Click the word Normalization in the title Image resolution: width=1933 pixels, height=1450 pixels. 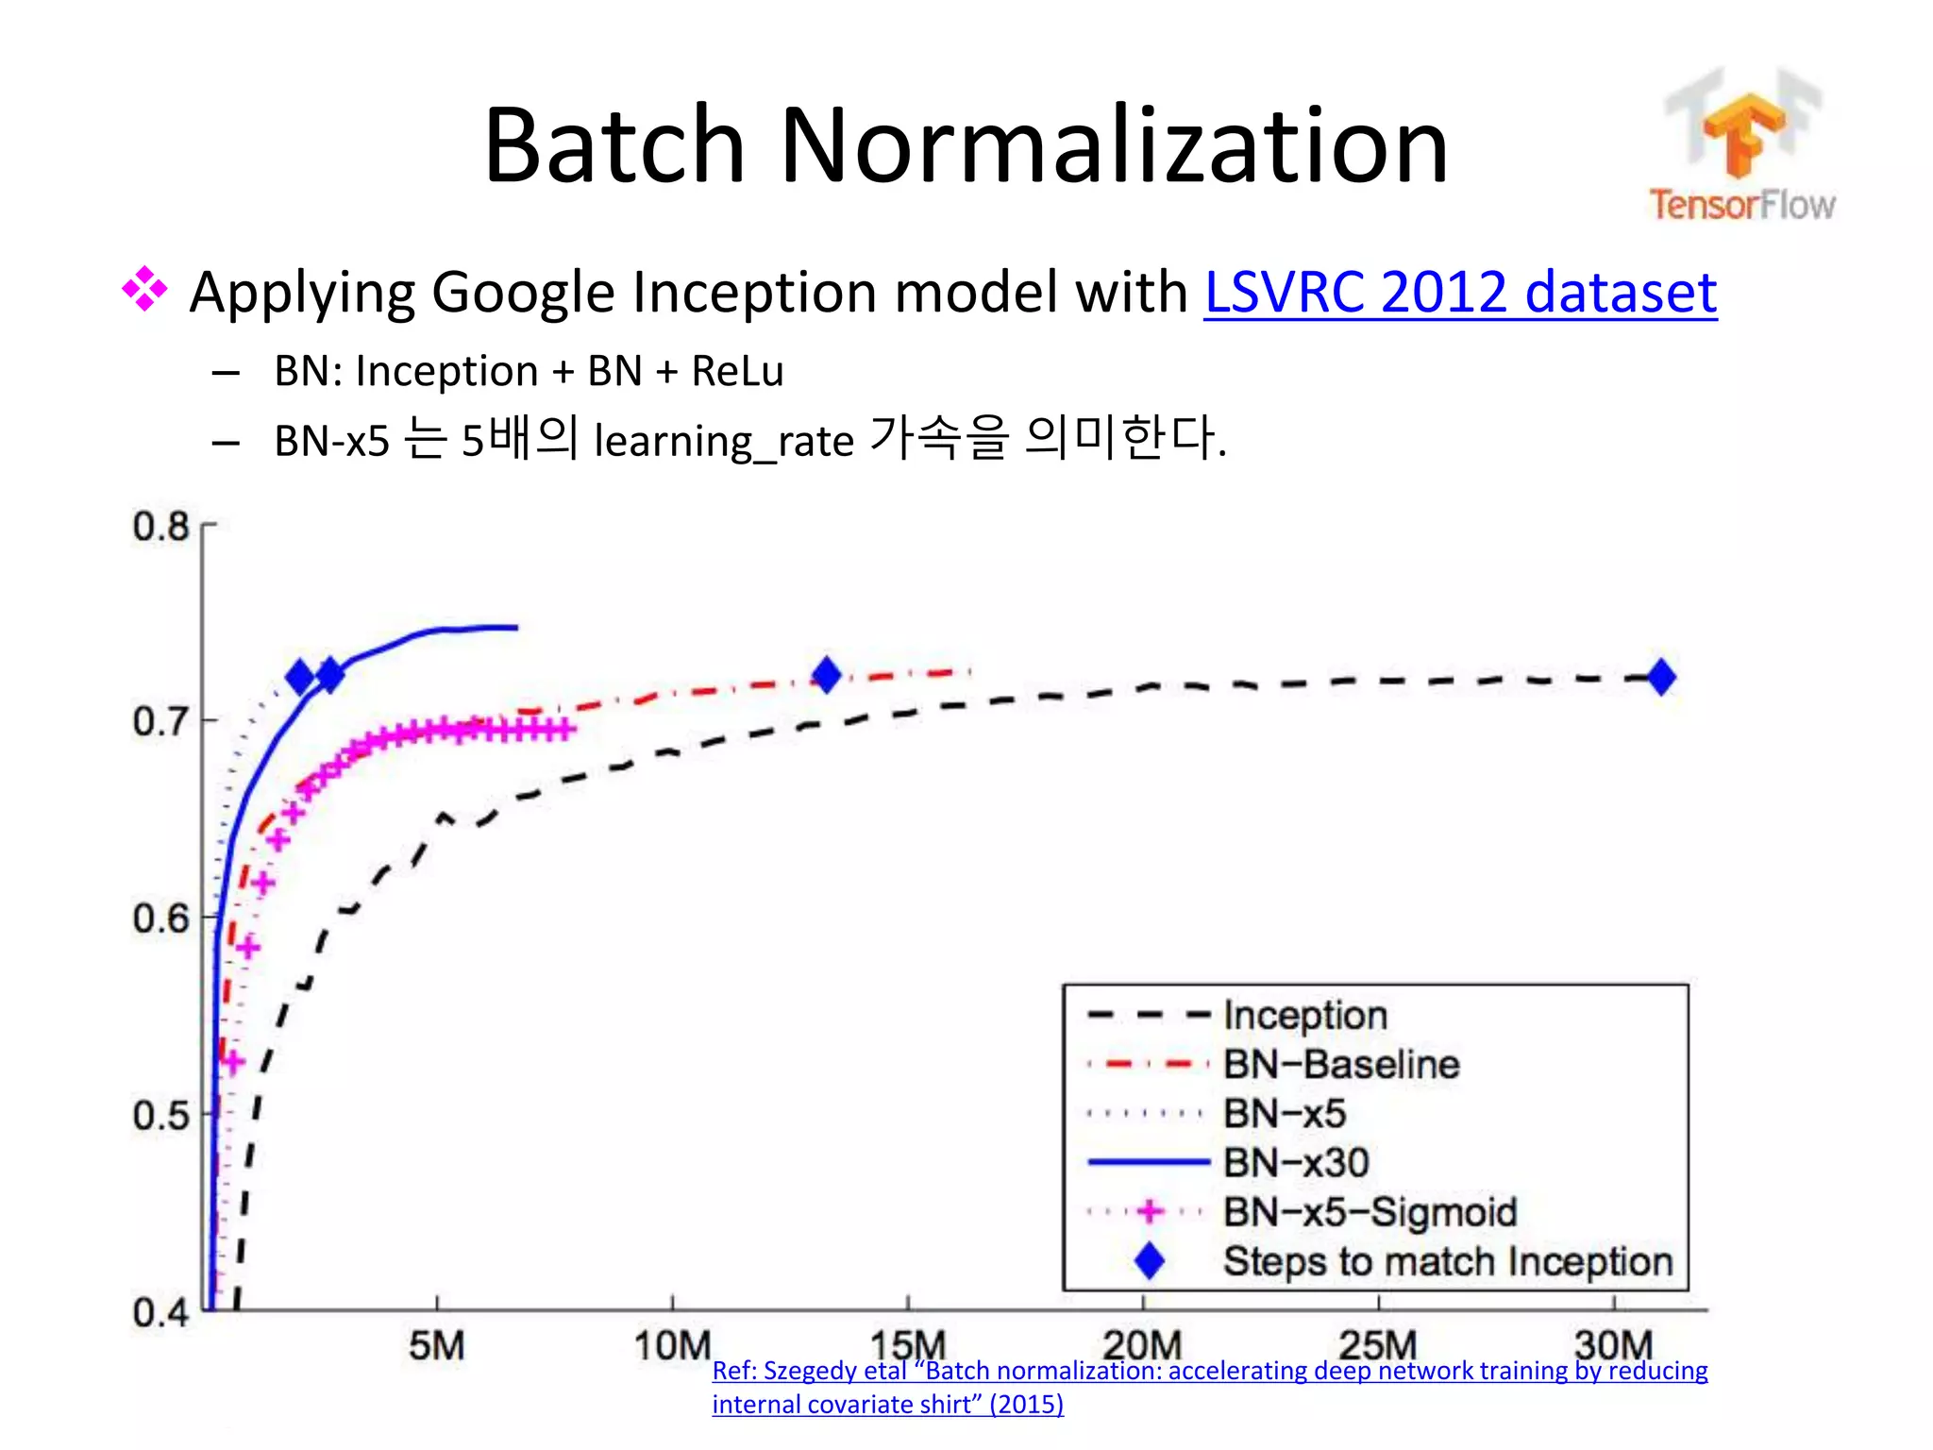[1114, 146]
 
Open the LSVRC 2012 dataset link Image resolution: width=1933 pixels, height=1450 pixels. [1460, 292]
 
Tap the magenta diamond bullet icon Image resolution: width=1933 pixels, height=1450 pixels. [144, 289]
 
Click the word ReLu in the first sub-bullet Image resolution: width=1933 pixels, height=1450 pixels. [737, 371]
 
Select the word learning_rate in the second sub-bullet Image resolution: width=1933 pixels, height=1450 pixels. [723, 441]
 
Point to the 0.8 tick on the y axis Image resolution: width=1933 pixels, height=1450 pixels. [160, 527]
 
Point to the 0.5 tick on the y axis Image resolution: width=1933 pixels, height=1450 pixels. [160, 1116]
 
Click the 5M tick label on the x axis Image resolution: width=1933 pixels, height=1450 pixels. [436, 1345]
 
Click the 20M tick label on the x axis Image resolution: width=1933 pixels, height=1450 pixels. [1142, 1345]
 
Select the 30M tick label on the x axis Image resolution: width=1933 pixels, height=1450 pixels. [1613, 1345]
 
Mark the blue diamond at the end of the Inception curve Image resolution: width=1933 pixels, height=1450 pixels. [1661, 677]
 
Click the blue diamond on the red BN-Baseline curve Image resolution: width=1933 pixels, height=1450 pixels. [827, 675]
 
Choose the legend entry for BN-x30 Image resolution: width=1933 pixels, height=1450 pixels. [1296, 1163]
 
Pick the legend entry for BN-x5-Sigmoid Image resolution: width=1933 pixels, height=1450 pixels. [1370, 1212]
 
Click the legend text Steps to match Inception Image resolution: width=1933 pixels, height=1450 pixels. [1447, 1262]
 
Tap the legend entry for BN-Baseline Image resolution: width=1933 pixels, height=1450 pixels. [1341, 1065]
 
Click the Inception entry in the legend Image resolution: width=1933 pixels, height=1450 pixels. [1305, 1016]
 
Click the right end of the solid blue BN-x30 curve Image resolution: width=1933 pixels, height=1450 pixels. [514, 627]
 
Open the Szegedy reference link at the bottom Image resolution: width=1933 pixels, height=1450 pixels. [1208, 1372]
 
